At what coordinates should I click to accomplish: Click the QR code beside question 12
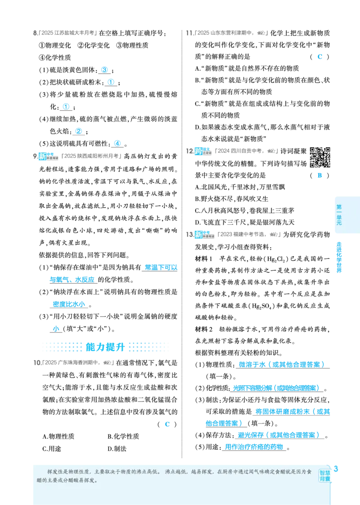(x=320, y=157)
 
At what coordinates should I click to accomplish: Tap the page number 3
(x=336, y=469)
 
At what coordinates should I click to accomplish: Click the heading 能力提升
(x=105, y=347)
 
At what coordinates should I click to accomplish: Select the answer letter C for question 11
(x=319, y=57)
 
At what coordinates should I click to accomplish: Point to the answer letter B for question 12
(x=319, y=175)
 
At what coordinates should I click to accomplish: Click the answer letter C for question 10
(x=167, y=424)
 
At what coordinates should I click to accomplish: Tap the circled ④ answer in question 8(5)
(x=117, y=143)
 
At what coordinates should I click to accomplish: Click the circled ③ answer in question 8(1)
(x=104, y=70)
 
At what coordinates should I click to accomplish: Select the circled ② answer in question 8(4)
(x=78, y=131)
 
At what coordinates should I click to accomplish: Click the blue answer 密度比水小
(x=69, y=304)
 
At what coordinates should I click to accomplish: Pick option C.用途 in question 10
(x=52, y=449)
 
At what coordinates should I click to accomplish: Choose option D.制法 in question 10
(x=117, y=449)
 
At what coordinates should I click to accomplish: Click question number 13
(x=189, y=234)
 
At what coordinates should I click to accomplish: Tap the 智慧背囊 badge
(x=325, y=476)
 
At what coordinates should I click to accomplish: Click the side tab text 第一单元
(x=339, y=215)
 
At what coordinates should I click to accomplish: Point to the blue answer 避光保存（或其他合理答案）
(x=279, y=435)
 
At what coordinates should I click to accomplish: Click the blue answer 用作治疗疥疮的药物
(x=254, y=447)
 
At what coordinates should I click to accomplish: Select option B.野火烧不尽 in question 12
(x=231, y=199)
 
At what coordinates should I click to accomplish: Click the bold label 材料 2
(x=204, y=329)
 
